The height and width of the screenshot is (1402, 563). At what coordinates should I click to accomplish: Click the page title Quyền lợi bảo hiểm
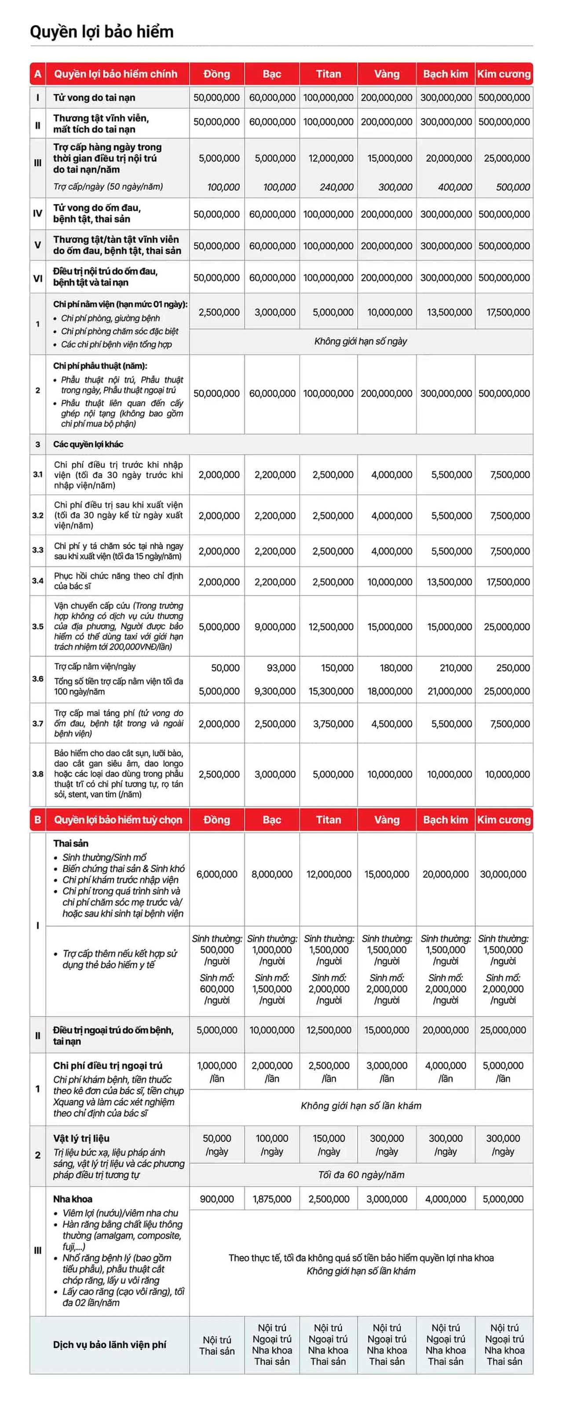tap(102, 32)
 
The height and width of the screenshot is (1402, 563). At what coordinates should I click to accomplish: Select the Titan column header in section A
tap(328, 74)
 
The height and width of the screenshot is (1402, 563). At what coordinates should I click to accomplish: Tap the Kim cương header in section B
tap(504, 820)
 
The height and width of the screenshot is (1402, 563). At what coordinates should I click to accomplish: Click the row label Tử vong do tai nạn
tap(94, 98)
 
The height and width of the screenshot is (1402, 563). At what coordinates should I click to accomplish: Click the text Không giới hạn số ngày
tap(360, 341)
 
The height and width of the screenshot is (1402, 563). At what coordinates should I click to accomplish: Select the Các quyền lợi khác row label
tap(88, 444)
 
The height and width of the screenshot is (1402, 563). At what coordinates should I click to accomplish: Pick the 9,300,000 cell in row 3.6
tap(275, 691)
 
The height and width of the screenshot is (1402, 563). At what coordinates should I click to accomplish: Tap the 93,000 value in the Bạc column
tap(281, 668)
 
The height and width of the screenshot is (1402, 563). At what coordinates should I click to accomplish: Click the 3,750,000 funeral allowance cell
tap(333, 724)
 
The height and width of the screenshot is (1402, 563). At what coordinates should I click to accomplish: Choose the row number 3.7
tap(37, 723)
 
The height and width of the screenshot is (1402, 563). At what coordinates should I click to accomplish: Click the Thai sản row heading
tap(71, 843)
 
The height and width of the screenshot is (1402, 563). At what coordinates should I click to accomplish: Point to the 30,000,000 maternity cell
tap(503, 874)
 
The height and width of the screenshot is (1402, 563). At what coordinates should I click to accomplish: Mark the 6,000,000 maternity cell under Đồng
tap(217, 874)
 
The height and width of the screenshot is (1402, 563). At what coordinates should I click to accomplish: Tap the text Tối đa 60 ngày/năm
tap(361, 1175)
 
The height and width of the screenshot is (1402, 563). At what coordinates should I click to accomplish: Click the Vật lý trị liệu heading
tap(81, 1138)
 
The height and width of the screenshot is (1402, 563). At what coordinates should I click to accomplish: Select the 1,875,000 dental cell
tap(272, 1199)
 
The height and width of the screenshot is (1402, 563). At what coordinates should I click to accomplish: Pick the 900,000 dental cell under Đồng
tap(217, 1199)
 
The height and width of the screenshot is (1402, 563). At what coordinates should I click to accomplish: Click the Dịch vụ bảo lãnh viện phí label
tap(110, 1344)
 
